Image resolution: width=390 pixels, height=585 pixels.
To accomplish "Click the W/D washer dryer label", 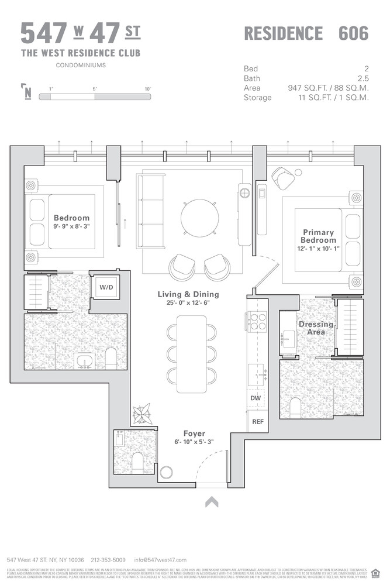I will [x=106, y=287].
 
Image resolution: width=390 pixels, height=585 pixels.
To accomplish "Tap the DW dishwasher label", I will [x=255, y=398].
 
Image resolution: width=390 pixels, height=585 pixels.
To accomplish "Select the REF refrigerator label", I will [x=257, y=421].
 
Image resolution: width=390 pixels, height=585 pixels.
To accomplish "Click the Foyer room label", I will [x=194, y=433].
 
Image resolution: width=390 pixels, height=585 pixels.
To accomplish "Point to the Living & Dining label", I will [x=188, y=294].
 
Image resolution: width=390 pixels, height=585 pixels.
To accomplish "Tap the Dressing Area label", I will [x=316, y=328].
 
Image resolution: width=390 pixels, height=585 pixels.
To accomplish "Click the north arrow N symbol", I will [x=27, y=92].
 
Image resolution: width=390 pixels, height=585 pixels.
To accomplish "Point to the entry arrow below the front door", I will [x=211, y=501].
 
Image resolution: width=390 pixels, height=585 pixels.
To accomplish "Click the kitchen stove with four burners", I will [x=258, y=322].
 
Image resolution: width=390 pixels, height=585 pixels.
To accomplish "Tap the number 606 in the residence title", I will [x=353, y=33].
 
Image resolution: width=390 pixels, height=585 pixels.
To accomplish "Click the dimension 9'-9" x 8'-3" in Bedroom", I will [x=71, y=226].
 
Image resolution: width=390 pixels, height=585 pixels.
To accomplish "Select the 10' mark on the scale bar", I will [x=147, y=88].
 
